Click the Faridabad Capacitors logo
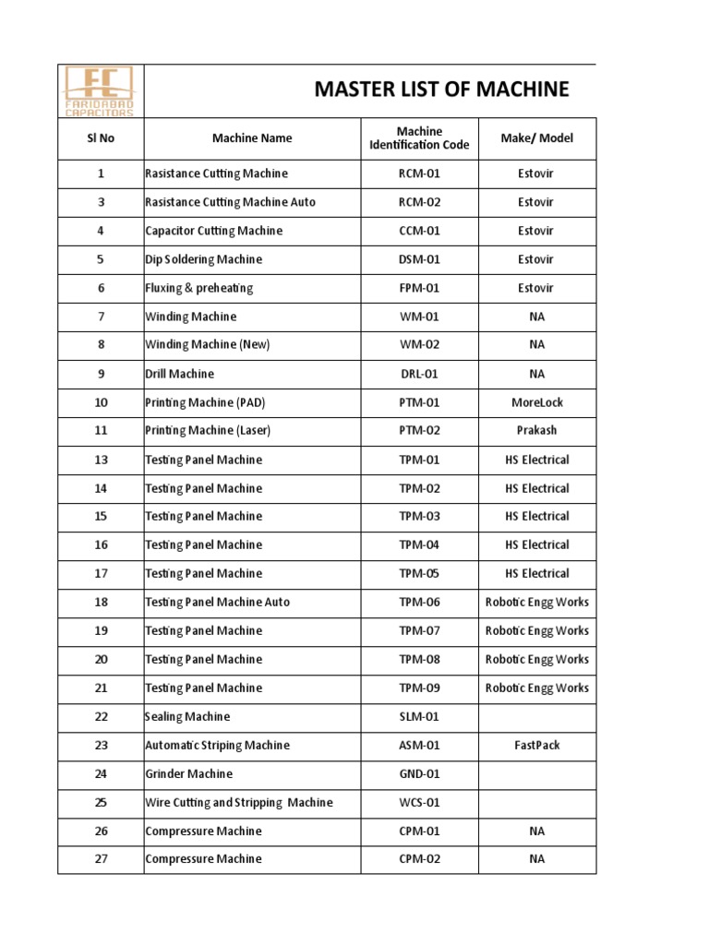100,90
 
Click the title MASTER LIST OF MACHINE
441,90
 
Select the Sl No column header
100,138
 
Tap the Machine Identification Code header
419,138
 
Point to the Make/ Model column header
536,138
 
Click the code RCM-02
419,202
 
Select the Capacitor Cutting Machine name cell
214,231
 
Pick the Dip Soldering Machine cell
204,259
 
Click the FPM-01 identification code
419,288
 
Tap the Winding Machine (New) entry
208,344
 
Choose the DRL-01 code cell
419,374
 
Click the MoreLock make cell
536,402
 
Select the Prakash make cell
536,430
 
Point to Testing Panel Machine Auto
218,602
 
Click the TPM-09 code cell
419,688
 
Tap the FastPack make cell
536,745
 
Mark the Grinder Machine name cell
189,773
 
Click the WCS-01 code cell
419,802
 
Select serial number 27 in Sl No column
101,858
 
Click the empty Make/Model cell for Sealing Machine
536,716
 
